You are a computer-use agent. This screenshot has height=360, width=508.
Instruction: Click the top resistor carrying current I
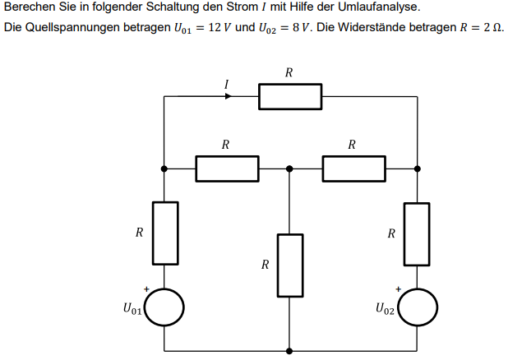(x=290, y=96)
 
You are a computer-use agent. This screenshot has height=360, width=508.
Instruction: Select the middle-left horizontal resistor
(x=227, y=168)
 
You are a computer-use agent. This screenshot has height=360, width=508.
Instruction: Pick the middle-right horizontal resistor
(x=353, y=168)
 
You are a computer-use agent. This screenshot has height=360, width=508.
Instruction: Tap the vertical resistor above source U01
(x=164, y=233)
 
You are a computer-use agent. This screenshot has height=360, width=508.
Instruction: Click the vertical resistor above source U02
(x=417, y=233)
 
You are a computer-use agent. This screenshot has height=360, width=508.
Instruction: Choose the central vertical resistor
(x=289, y=265)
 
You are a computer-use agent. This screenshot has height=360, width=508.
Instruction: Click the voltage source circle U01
(x=164, y=308)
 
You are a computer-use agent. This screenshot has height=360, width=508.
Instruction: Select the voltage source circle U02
(x=417, y=308)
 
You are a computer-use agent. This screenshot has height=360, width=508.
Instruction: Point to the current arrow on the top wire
(x=228, y=96)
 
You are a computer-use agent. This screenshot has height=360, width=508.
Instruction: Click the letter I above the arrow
(x=226, y=83)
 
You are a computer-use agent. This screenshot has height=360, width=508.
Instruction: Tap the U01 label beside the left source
(x=132, y=310)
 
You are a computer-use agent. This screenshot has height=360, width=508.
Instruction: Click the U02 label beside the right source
(x=385, y=310)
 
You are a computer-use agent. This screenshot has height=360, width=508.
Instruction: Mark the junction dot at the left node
(x=164, y=168)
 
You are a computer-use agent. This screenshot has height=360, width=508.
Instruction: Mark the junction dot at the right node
(x=417, y=168)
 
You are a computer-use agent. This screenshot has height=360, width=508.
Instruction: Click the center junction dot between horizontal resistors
(x=289, y=168)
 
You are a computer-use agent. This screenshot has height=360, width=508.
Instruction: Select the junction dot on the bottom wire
(x=289, y=348)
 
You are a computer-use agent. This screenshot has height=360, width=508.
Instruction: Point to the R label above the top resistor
(x=289, y=73)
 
